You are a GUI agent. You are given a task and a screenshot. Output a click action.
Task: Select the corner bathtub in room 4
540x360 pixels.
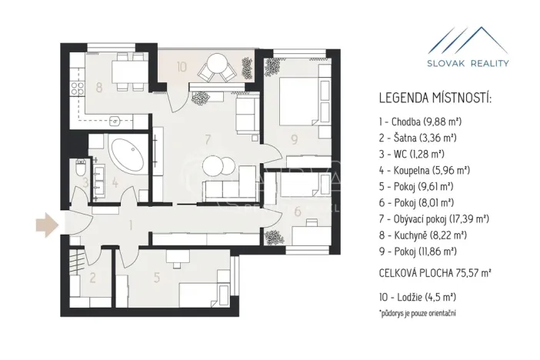[x=125, y=155]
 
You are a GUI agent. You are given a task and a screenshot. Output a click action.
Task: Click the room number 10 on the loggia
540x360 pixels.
[x=182, y=67]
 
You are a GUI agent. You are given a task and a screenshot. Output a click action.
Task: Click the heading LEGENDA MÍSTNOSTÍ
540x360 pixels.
[x=435, y=98]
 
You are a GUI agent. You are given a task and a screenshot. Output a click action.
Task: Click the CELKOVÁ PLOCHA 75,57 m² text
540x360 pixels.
[x=435, y=272]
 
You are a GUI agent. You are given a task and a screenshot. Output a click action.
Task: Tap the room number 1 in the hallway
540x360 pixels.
[x=132, y=225]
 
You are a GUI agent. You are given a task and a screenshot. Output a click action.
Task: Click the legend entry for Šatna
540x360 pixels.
[x=418, y=138]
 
